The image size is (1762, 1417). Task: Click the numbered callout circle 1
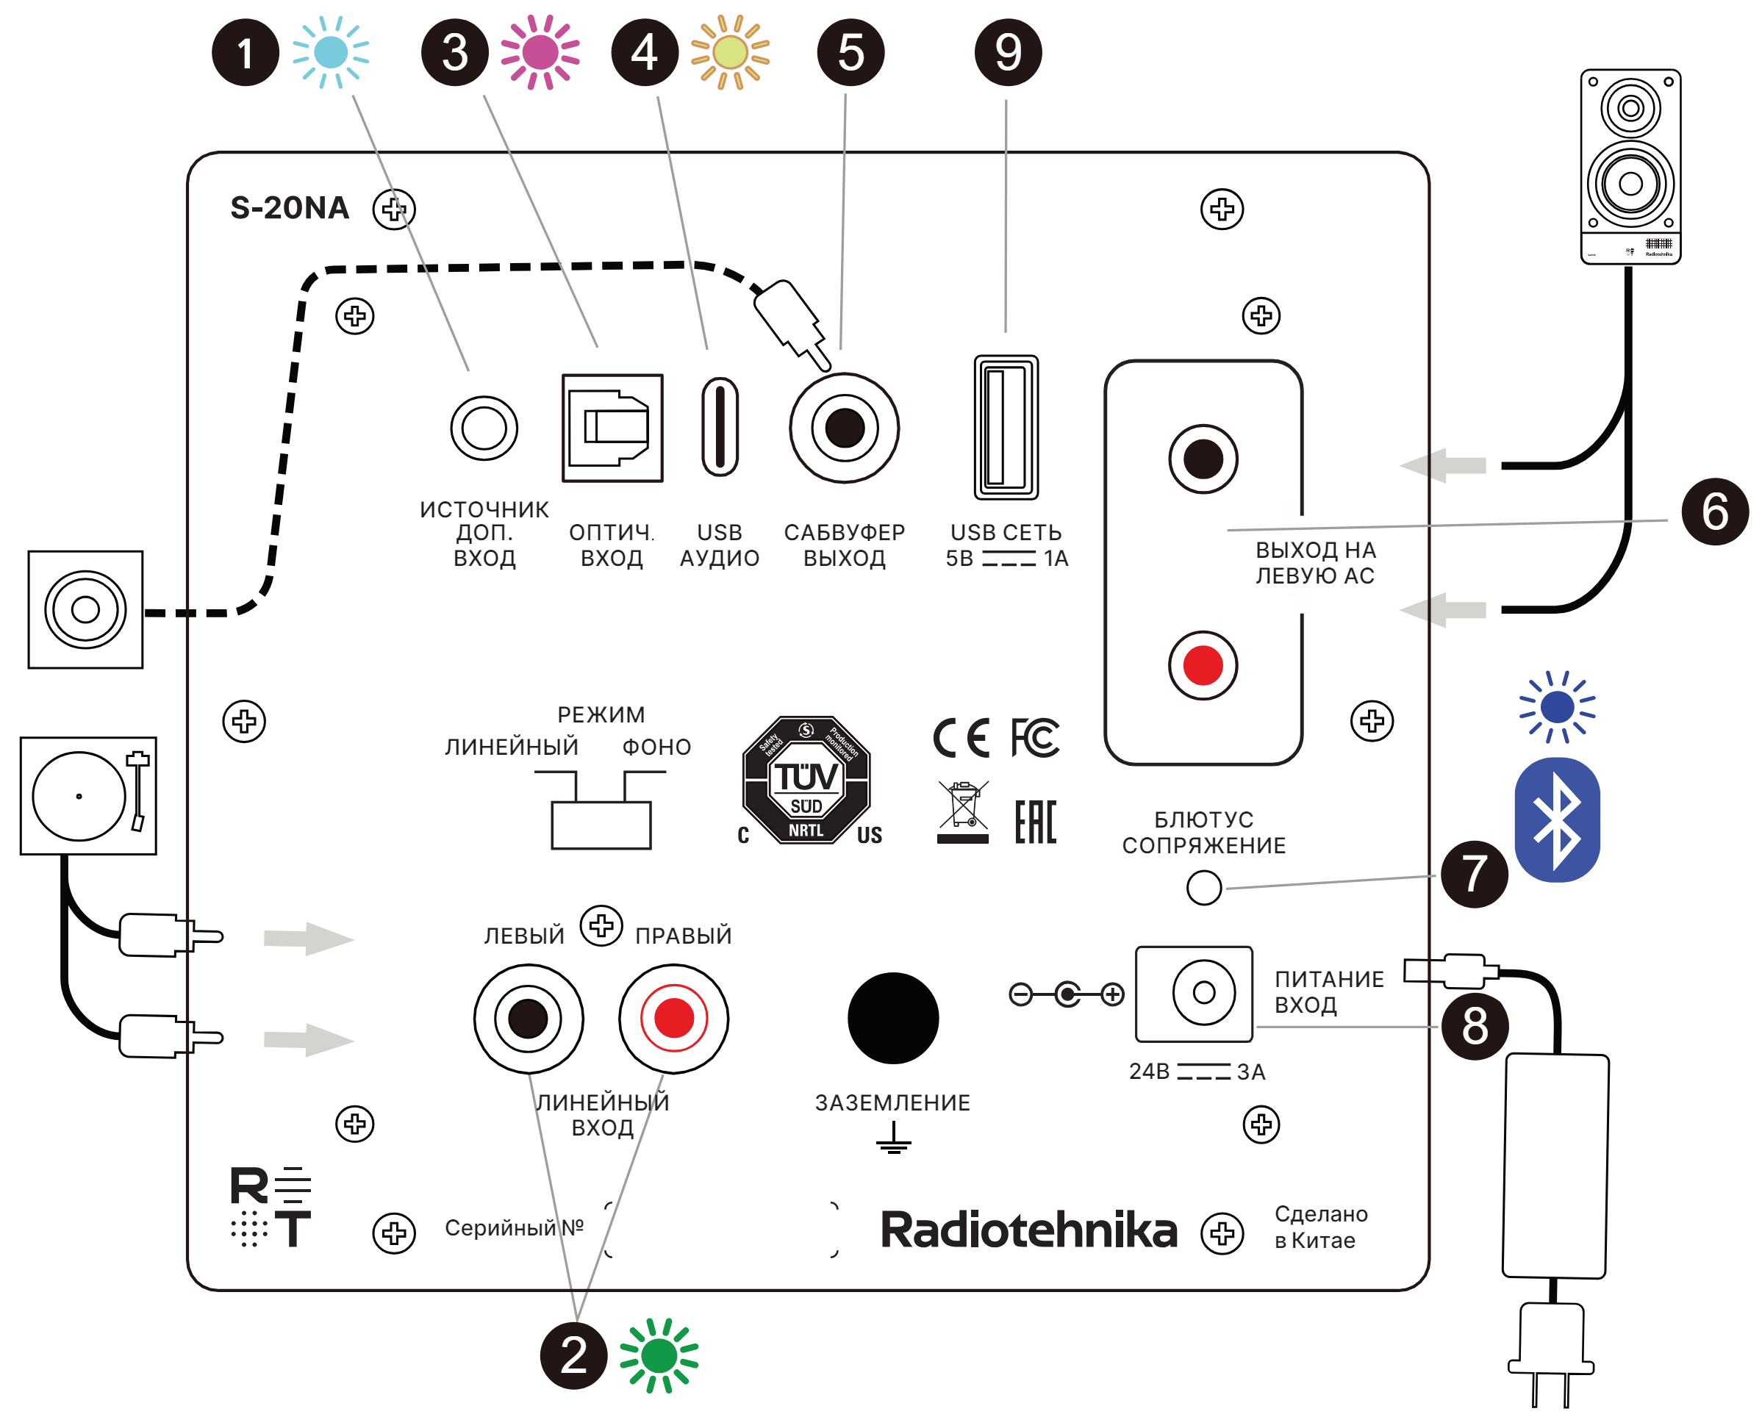click(x=246, y=53)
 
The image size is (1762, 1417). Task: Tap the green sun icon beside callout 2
click(x=659, y=1356)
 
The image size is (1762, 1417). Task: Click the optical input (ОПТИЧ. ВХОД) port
click(x=612, y=428)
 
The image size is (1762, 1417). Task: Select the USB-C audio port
click(x=720, y=426)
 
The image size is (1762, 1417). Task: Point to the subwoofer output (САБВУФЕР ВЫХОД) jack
click(x=844, y=428)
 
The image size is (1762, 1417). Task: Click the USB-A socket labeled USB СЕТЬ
click(x=1006, y=428)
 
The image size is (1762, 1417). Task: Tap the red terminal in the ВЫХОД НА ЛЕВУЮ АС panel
click(x=1203, y=665)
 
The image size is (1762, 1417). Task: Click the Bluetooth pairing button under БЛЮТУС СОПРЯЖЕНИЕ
click(x=1204, y=888)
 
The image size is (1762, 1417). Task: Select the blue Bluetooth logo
click(x=1558, y=819)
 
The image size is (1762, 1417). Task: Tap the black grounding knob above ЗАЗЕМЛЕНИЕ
click(x=893, y=1018)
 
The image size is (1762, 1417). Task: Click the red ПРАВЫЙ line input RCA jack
click(x=673, y=1018)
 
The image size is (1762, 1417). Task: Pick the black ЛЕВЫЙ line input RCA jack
click(x=529, y=1018)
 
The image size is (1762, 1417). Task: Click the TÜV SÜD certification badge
click(x=806, y=781)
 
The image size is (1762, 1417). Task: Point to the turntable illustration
click(x=88, y=796)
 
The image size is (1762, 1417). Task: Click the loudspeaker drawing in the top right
click(x=1630, y=166)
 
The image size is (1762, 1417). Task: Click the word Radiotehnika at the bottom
click(x=1028, y=1230)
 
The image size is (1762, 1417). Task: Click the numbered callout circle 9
click(x=1008, y=53)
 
